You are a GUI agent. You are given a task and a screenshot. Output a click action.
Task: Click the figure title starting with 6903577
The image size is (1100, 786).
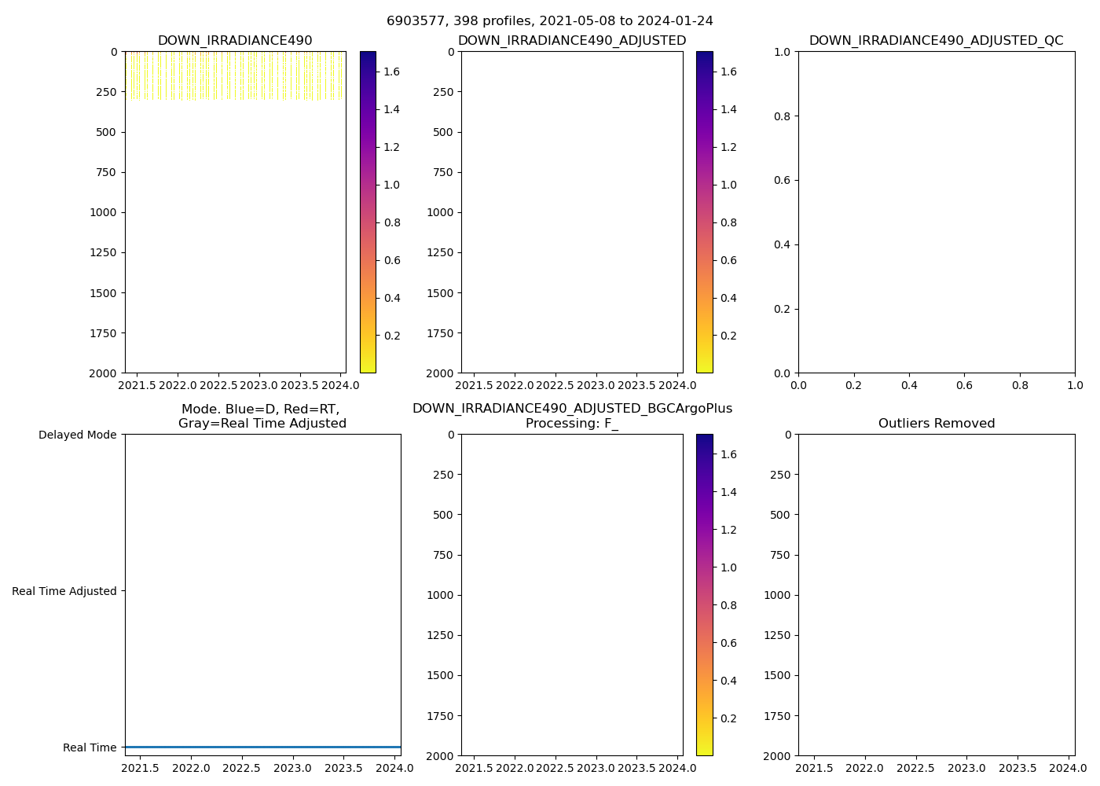tap(549, 21)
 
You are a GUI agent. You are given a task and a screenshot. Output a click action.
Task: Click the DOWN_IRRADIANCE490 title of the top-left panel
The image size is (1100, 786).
tap(235, 41)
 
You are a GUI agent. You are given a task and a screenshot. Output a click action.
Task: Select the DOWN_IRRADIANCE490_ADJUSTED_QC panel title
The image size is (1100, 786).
tap(936, 41)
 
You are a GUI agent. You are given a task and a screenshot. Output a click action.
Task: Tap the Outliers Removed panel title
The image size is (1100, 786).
tap(936, 424)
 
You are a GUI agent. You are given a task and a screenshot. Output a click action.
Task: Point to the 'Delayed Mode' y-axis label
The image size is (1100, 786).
tap(77, 435)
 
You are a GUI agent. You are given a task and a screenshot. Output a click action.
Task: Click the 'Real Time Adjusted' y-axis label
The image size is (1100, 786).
tap(64, 591)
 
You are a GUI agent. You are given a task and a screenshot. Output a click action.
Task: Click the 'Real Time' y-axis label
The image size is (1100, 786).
tap(90, 747)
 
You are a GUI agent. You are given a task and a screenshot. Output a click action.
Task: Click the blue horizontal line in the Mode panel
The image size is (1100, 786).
tap(262, 747)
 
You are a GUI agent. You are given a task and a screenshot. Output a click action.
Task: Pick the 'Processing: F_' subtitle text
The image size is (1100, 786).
tap(571, 424)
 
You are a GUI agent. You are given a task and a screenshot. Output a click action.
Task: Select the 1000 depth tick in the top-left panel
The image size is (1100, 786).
tap(104, 212)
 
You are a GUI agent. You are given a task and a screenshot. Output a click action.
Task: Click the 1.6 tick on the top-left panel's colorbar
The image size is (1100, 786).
tap(391, 72)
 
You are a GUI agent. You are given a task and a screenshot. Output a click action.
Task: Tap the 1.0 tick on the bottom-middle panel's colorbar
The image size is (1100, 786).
tap(728, 567)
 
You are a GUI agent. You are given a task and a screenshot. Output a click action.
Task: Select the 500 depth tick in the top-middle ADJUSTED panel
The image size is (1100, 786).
tap(444, 132)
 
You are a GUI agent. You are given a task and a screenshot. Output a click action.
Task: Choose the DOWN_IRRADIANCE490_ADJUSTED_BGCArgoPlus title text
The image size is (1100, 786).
tap(571, 409)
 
